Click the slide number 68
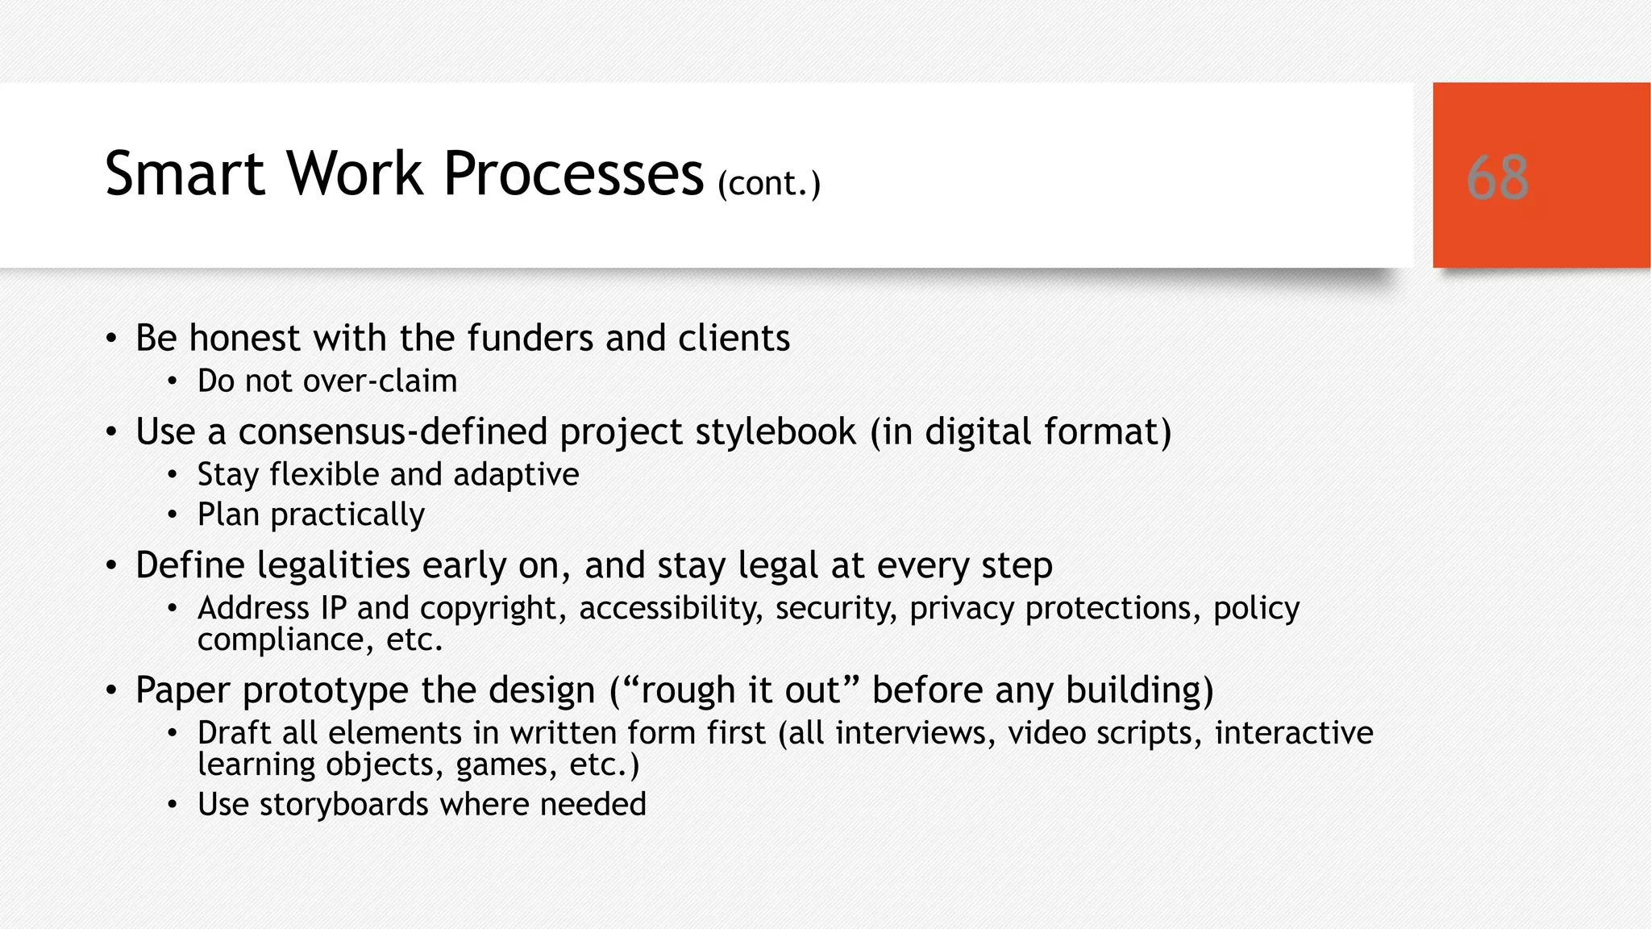coord(1497,177)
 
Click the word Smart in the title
coord(185,173)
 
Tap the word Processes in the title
coord(573,173)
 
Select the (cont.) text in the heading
coord(769,184)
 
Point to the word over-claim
coord(380,381)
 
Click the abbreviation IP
coord(334,608)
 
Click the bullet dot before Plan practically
coord(172,515)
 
